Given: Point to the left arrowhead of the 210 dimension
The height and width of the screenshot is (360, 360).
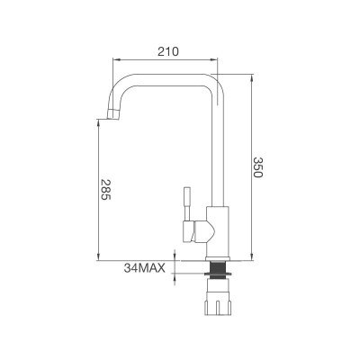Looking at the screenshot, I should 114,62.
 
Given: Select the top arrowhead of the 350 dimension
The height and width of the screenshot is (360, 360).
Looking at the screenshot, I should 247,76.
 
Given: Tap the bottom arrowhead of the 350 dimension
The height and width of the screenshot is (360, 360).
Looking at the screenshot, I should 247,259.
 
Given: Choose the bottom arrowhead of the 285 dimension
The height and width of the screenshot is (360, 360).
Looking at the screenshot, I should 96,259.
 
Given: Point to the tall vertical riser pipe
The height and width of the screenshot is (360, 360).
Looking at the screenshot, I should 219,153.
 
